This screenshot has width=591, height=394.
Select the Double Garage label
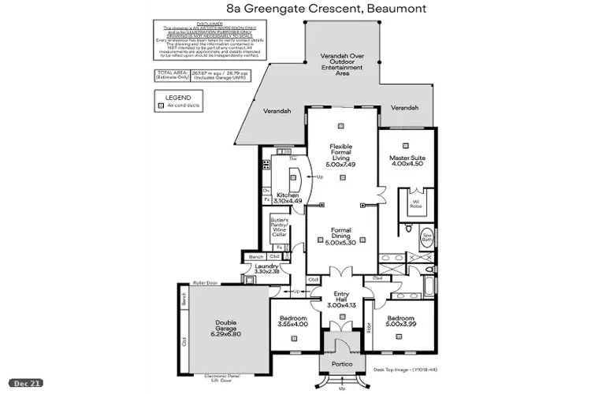223,326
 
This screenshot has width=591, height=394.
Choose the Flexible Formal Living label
342,154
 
